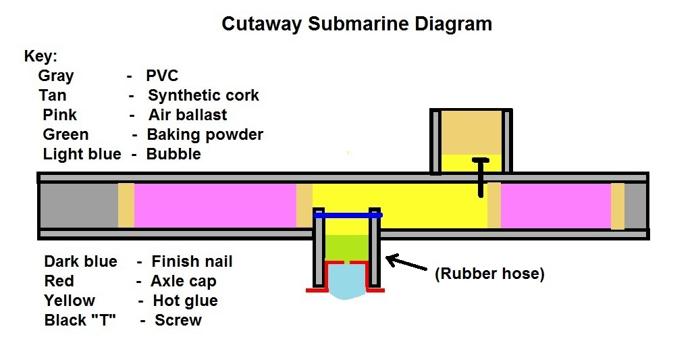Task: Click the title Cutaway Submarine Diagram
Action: point(356,24)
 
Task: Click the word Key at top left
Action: point(41,56)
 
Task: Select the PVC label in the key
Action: point(162,76)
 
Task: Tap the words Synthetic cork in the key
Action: point(203,95)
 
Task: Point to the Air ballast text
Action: point(188,115)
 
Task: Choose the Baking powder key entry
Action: point(205,134)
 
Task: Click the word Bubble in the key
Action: point(173,154)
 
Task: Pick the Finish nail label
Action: point(192,261)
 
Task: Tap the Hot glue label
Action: point(185,301)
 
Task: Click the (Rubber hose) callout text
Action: point(489,274)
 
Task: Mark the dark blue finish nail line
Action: point(348,215)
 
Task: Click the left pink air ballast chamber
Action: point(215,205)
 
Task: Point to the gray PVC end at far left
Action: point(78,205)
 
